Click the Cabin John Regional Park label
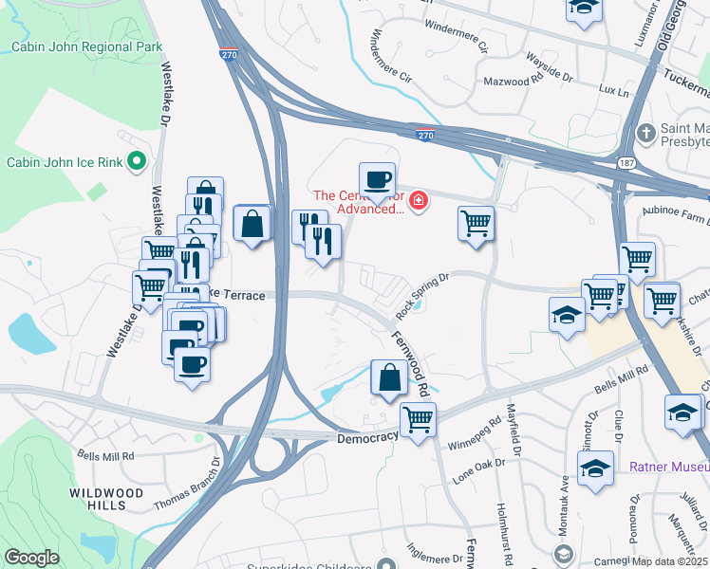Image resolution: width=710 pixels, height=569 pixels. (x=86, y=46)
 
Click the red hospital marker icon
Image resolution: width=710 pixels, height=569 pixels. (x=418, y=201)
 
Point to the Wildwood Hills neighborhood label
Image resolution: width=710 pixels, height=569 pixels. (x=106, y=500)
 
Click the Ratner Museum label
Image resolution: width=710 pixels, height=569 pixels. (x=669, y=467)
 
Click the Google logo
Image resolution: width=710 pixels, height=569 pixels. (x=31, y=558)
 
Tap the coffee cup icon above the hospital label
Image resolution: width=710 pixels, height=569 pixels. (x=376, y=178)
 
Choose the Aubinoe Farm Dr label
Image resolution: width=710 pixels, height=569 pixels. (x=675, y=219)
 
